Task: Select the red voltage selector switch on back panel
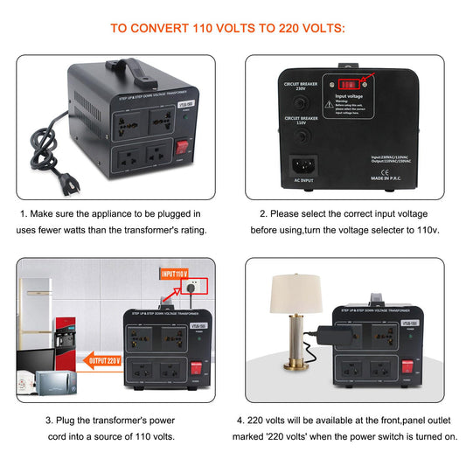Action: (x=347, y=86)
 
